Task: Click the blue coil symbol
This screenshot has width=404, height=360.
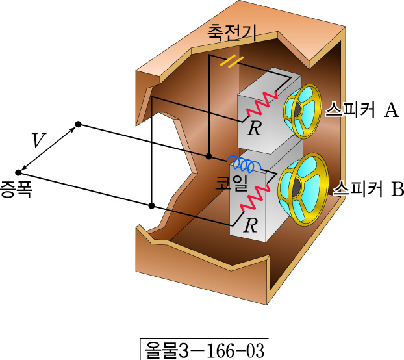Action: (x=243, y=161)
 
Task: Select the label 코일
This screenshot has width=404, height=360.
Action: (x=232, y=183)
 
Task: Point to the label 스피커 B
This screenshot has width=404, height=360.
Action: (x=368, y=190)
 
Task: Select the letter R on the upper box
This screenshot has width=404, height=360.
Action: (x=255, y=128)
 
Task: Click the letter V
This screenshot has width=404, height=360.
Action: (x=39, y=140)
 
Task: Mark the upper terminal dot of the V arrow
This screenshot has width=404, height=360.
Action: (x=79, y=123)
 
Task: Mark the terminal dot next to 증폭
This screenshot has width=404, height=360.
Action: (x=19, y=173)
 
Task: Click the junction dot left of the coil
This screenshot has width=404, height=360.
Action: (x=208, y=157)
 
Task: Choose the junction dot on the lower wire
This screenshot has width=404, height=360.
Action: (x=151, y=206)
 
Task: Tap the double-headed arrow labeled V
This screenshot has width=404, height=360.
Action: (x=49, y=148)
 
